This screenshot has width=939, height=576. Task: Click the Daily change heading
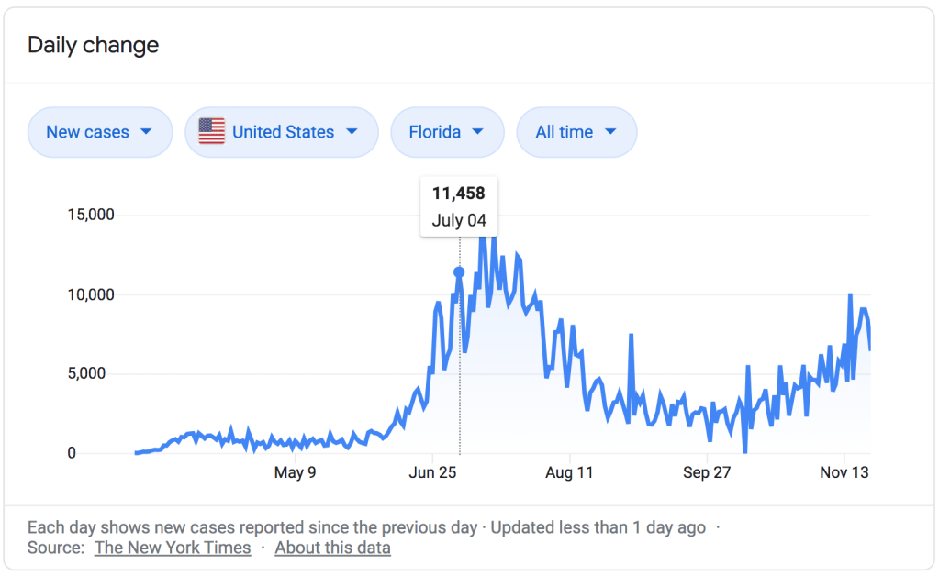(93, 45)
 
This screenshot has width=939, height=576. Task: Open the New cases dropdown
(99, 132)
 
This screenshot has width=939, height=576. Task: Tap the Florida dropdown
(446, 132)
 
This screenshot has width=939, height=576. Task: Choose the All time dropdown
(576, 132)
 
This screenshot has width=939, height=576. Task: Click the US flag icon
(211, 132)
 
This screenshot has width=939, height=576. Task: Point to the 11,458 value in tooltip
(458, 193)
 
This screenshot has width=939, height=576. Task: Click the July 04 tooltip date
(459, 221)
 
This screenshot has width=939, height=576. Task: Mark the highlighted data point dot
(459, 271)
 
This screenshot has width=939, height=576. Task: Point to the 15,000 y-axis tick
(91, 215)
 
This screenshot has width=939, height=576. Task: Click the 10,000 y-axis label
(91, 294)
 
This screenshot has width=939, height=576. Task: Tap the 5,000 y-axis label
(95, 373)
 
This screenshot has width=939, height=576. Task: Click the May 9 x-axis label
(296, 473)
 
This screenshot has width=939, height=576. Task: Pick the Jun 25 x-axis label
(433, 473)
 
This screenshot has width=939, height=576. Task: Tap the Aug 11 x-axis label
(570, 473)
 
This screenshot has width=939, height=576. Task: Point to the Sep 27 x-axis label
(707, 473)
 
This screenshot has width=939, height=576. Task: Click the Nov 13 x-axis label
(844, 473)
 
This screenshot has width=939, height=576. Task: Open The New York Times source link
(173, 548)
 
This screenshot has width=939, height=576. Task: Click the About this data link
(332, 548)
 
